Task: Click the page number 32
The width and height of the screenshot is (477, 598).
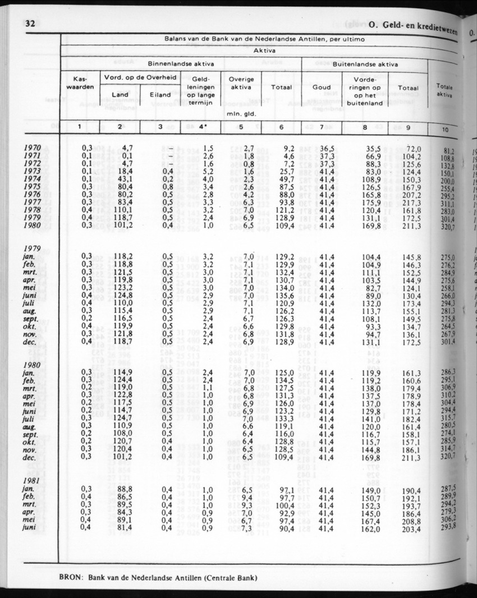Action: [30, 24]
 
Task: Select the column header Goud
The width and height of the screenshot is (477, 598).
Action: [320, 88]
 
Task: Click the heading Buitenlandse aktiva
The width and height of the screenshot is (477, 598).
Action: [365, 65]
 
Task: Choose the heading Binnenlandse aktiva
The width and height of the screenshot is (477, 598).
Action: [174, 65]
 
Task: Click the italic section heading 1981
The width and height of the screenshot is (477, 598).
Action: [34, 481]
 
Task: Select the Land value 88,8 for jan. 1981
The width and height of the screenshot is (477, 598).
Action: [123, 490]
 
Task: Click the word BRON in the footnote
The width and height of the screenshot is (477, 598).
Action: [71, 577]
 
